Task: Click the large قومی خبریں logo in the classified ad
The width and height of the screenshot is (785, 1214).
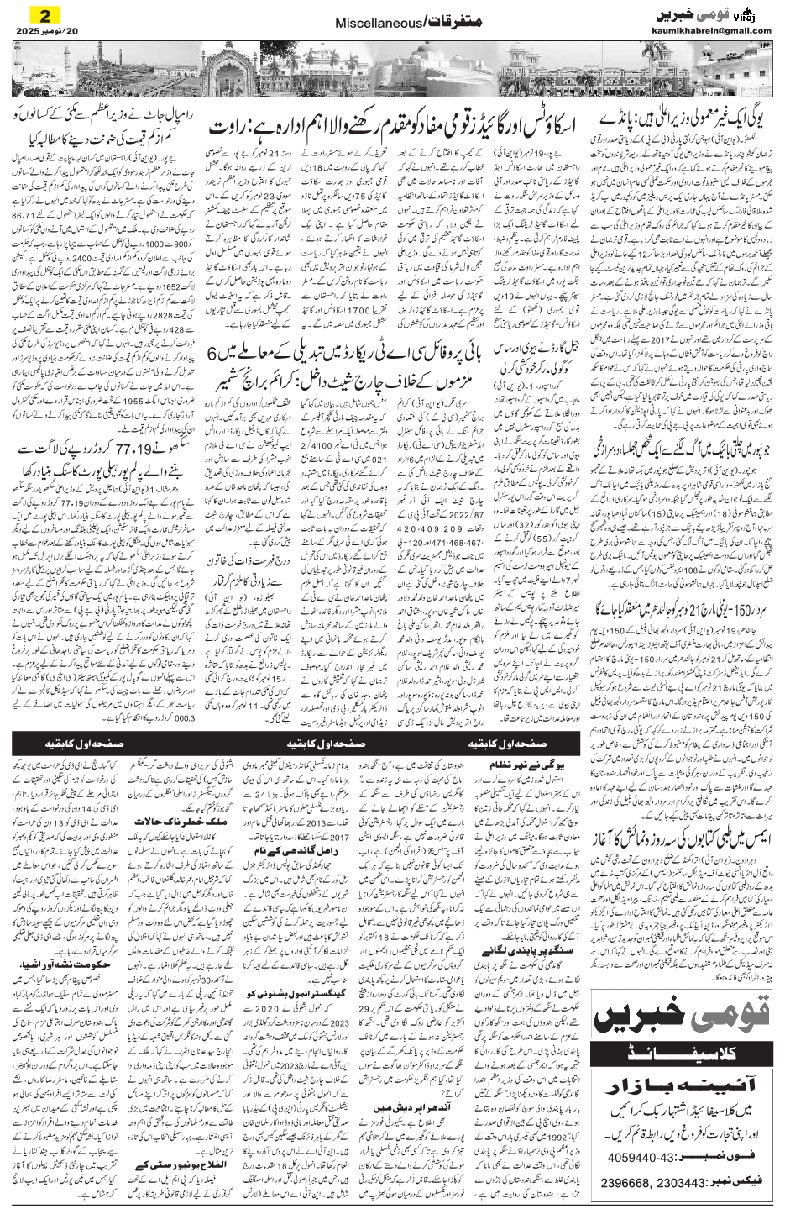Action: coord(686,1021)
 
